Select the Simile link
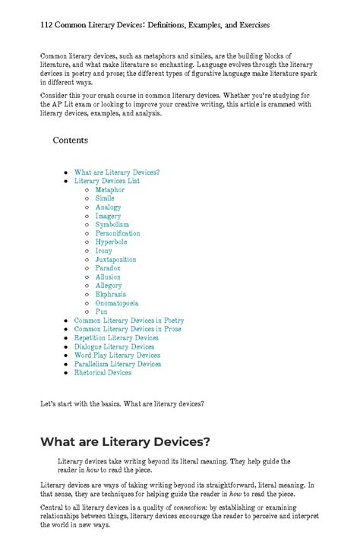tap(105, 198)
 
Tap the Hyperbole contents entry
tap(111, 242)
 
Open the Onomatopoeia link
tap(116, 303)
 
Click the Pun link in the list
tap(101, 311)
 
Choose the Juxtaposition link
tap(115, 260)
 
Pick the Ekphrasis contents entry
tap(110, 294)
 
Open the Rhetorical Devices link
tap(103, 373)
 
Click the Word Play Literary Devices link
tap(117, 356)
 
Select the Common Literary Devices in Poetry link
tap(128, 321)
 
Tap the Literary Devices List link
tap(106, 181)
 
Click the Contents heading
tap(70, 141)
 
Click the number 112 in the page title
tap(47, 25)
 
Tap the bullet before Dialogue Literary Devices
tap(66, 347)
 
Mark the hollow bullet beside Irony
tap(87, 251)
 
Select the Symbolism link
tap(112, 225)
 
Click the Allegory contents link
tap(108, 286)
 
